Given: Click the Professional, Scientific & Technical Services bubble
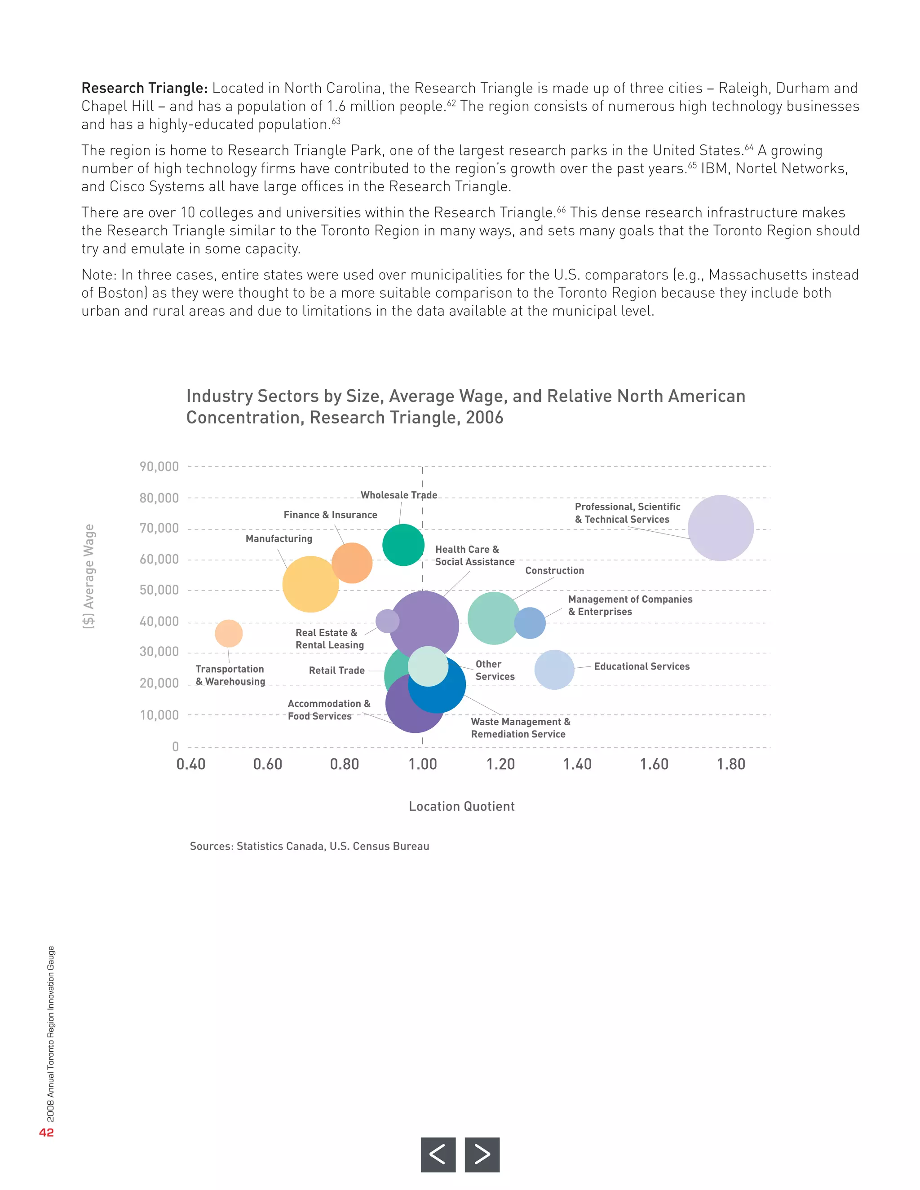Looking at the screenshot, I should (x=721, y=528).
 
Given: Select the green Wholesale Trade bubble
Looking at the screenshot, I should (x=403, y=544).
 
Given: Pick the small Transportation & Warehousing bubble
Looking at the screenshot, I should (x=228, y=633).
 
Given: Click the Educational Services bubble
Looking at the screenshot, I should (x=554, y=669).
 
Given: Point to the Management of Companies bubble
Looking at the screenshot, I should (x=529, y=623).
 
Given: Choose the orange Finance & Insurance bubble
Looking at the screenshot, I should (x=352, y=563).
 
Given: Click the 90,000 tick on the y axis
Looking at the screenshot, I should (x=159, y=467).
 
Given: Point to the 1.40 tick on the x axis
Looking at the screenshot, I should (x=577, y=764).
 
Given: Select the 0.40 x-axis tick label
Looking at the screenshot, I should (x=191, y=764).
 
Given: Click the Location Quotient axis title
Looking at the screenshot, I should (x=462, y=807).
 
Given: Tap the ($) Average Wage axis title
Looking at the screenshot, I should (x=89, y=577).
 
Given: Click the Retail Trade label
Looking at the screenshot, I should (x=336, y=670).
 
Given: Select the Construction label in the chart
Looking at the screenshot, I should (x=554, y=570).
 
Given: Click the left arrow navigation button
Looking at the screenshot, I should (x=438, y=1154).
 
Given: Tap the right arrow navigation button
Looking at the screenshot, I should (x=482, y=1154).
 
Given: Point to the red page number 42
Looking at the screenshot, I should (x=46, y=1132).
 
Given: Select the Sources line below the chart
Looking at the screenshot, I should (x=309, y=846).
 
